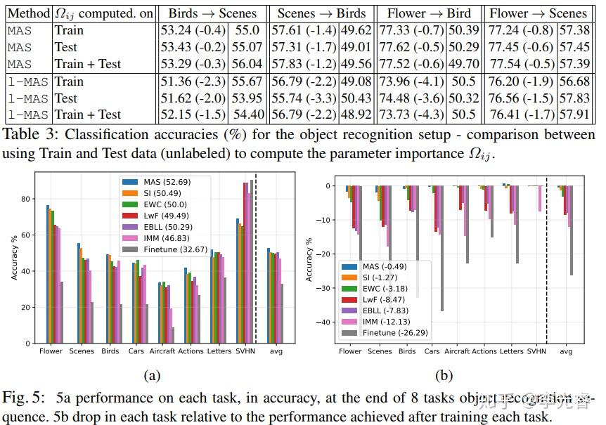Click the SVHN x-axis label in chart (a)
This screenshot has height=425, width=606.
tap(246, 351)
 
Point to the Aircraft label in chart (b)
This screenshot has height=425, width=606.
tap(457, 351)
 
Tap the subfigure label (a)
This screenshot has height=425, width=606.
tap(152, 376)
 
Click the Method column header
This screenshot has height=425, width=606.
tap(28, 13)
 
